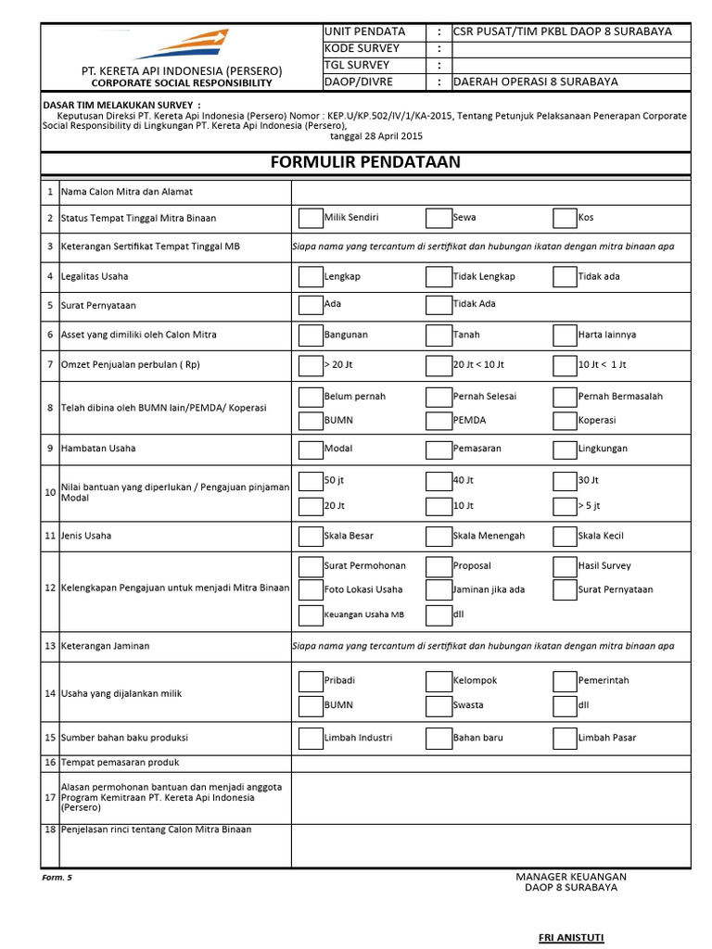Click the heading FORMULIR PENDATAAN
click(x=365, y=162)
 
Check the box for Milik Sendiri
click(x=310, y=218)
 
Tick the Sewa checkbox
click(x=438, y=218)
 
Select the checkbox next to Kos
click(x=564, y=218)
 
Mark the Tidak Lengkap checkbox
click(x=438, y=276)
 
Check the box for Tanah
click(x=438, y=335)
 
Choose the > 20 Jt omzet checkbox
click(x=310, y=365)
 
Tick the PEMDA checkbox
click(x=438, y=421)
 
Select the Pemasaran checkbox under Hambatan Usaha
click(x=438, y=449)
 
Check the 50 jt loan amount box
click(x=310, y=481)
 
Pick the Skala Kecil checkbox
click(x=564, y=536)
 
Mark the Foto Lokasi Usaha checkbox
click(x=310, y=590)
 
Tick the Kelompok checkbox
click(x=438, y=681)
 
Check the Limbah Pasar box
click(x=564, y=738)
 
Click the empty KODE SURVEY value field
click(x=570, y=48)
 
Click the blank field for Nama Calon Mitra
click(x=490, y=192)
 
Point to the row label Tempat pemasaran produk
click(x=120, y=763)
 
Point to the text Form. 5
click(x=57, y=877)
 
